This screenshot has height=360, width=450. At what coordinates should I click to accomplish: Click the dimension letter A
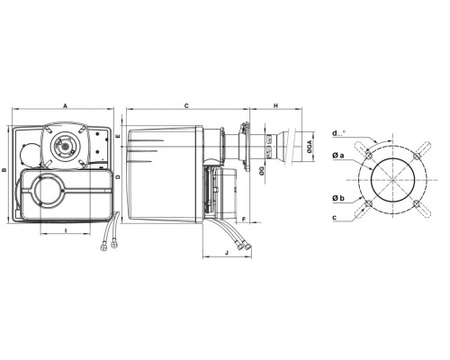[66, 105]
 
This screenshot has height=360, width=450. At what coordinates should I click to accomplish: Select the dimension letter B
[4, 170]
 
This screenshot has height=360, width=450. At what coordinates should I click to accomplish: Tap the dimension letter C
[186, 105]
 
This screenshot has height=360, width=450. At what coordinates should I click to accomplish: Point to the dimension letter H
[275, 105]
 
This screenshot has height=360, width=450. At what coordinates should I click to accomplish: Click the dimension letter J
[227, 253]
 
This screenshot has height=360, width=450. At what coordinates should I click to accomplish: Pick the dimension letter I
[66, 230]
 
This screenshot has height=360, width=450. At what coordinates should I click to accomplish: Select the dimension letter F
[244, 220]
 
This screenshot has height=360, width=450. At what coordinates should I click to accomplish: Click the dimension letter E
[118, 136]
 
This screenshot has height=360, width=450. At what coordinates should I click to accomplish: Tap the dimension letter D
[118, 177]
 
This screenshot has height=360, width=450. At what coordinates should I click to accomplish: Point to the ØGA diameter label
[310, 147]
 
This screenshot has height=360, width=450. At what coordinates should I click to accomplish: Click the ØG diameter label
[262, 171]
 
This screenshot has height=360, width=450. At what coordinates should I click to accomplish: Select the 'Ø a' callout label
[338, 155]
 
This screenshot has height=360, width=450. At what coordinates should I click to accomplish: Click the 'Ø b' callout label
[338, 198]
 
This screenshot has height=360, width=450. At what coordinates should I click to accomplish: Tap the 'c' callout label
[334, 218]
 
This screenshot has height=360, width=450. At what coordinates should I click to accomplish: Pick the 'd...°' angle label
[339, 133]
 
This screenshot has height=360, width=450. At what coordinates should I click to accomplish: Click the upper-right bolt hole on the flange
[417, 157]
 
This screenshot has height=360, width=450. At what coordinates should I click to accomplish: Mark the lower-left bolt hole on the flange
[369, 203]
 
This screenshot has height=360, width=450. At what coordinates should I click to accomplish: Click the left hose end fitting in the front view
[103, 246]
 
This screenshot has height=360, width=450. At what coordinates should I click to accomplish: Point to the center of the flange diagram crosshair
[393, 180]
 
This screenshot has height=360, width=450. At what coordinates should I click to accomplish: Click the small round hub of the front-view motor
[65, 146]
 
